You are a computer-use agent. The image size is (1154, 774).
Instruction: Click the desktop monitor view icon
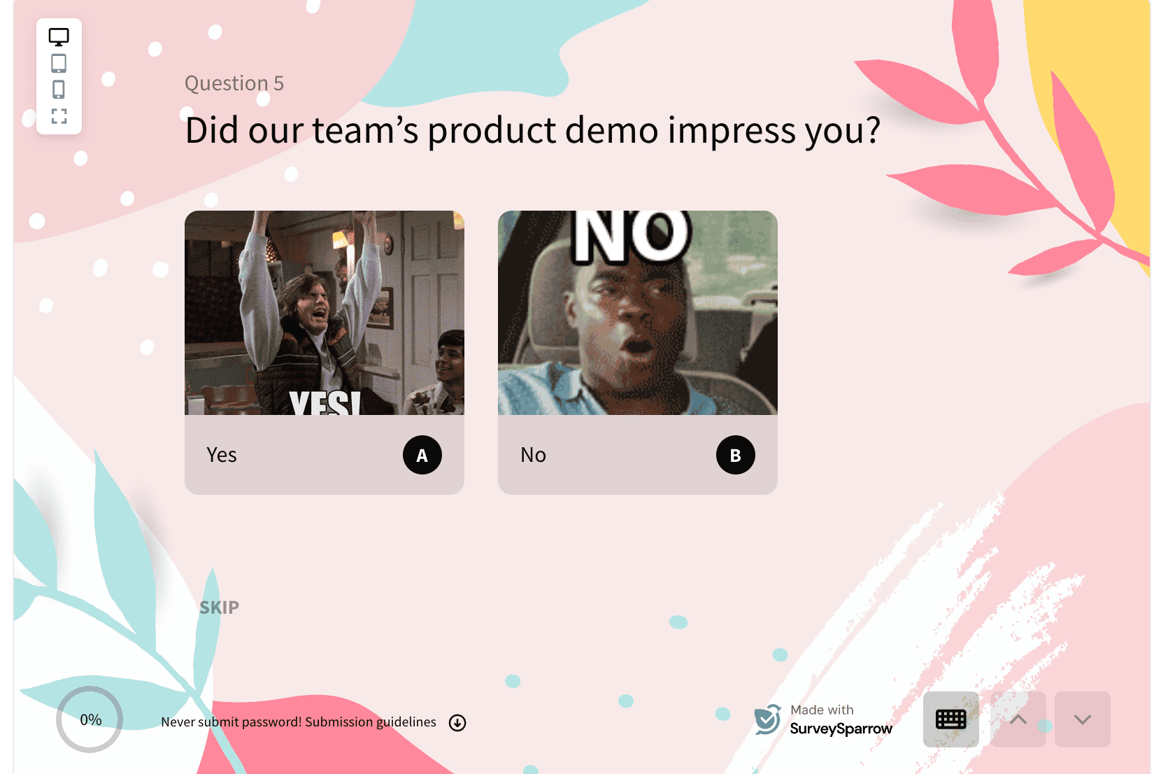tap(59, 37)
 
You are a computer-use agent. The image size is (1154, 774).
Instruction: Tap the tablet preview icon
tap(59, 64)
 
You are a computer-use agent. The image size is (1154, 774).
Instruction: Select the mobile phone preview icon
tap(59, 90)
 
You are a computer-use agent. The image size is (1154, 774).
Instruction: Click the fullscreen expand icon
tap(59, 116)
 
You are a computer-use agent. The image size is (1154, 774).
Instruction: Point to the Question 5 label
tap(234, 83)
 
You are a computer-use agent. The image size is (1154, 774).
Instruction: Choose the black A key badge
tap(422, 455)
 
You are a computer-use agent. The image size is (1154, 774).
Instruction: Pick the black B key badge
tap(735, 455)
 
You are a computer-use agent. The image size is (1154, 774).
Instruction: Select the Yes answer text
tap(222, 455)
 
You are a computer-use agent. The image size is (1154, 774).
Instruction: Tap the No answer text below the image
tap(533, 455)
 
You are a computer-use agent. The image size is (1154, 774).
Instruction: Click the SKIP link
tap(219, 607)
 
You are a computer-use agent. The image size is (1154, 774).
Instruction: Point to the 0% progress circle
tap(90, 719)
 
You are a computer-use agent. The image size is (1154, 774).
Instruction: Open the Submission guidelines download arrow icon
tap(457, 723)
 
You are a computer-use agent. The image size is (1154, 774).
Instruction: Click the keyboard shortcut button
tap(950, 719)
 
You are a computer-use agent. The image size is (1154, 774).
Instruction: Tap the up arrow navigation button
tap(1018, 719)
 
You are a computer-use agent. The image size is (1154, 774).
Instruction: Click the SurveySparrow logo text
tap(841, 729)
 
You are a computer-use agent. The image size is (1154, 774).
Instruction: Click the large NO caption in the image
tap(632, 235)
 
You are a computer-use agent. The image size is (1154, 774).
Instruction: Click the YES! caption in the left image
tap(325, 403)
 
